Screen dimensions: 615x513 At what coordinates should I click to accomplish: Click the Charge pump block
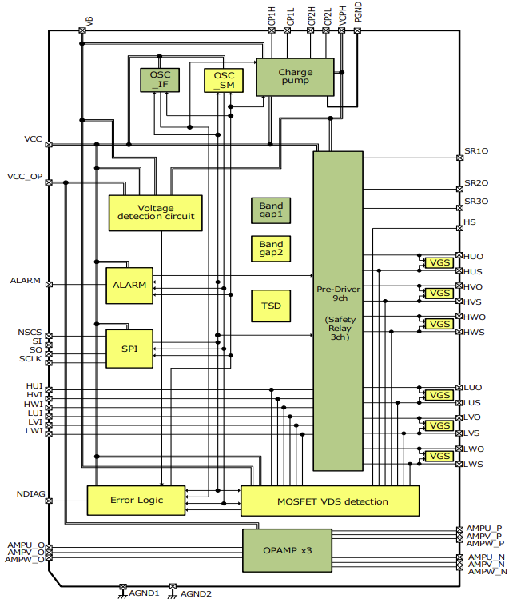click(x=295, y=77)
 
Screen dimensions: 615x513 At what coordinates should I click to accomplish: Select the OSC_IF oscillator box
click(x=160, y=80)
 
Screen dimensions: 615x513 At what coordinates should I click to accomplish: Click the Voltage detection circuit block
click(x=155, y=212)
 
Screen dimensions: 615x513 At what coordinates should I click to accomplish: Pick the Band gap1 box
click(x=271, y=210)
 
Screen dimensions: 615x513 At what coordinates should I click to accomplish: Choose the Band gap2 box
click(x=271, y=249)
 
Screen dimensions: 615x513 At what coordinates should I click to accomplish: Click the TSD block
click(x=271, y=306)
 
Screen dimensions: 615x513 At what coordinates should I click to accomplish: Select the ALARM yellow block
click(x=129, y=286)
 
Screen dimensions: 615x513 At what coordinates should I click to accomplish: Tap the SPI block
click(x=129, y=348)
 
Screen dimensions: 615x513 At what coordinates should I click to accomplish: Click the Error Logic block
click(x=136, y=501)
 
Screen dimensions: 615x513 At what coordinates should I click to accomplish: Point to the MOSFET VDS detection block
click(x=329, y=501)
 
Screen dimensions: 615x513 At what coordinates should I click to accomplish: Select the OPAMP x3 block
click(x=287, y=550)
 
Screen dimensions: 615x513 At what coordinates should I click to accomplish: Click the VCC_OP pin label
click(x=25, y=176)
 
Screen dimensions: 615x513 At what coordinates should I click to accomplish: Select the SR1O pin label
click(x=476, y=150)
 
